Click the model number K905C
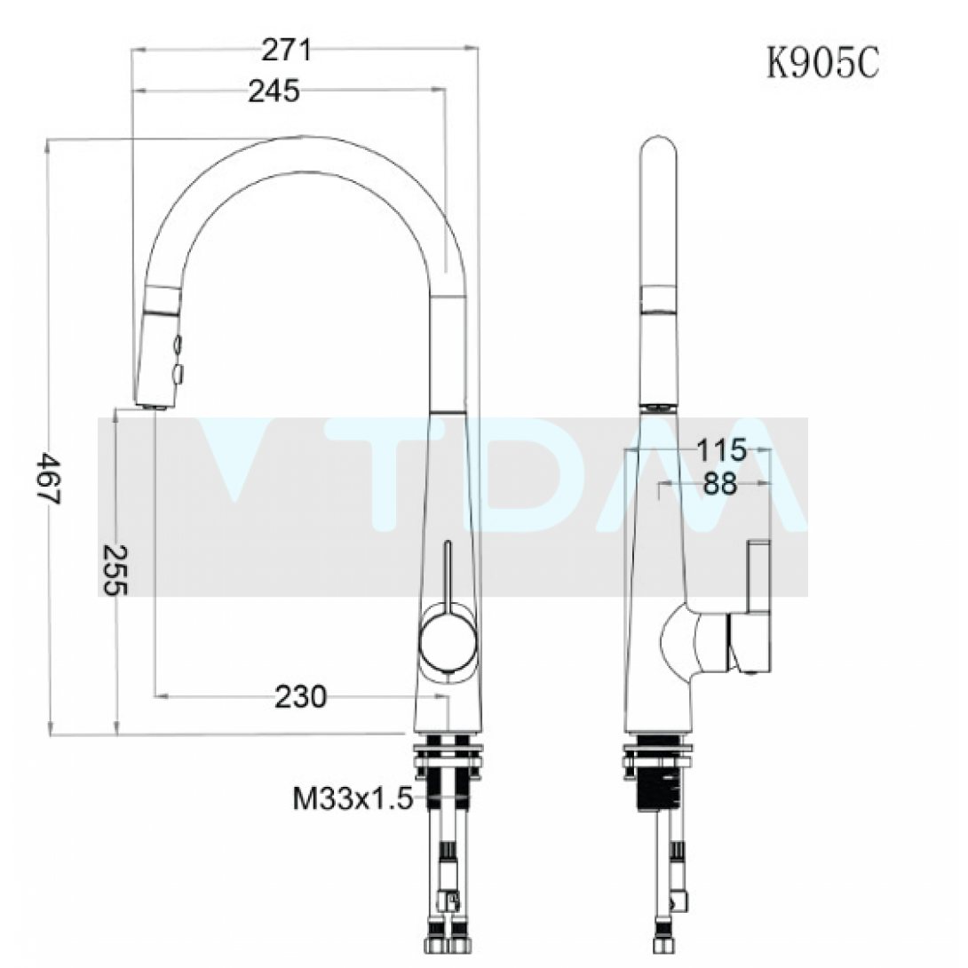pyautogui.click(x=823, y=62)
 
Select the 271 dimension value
pyautogui.click(x=287, y=50)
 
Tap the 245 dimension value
pyautogui.click(x=274, y=91)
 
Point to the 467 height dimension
pyautogui.click(x=48, y=479)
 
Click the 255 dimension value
pyautogui.click(x=115, y=570)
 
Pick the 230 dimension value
pyautogui.click(x=301, y=696)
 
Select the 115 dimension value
pyautogui.click(x=722, y=450)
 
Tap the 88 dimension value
pyautogui.click(x=720, y=483)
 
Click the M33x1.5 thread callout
pyautogui.click(x=353, y=799)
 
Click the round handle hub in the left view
pyautogui.click(x=448, y=642)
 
